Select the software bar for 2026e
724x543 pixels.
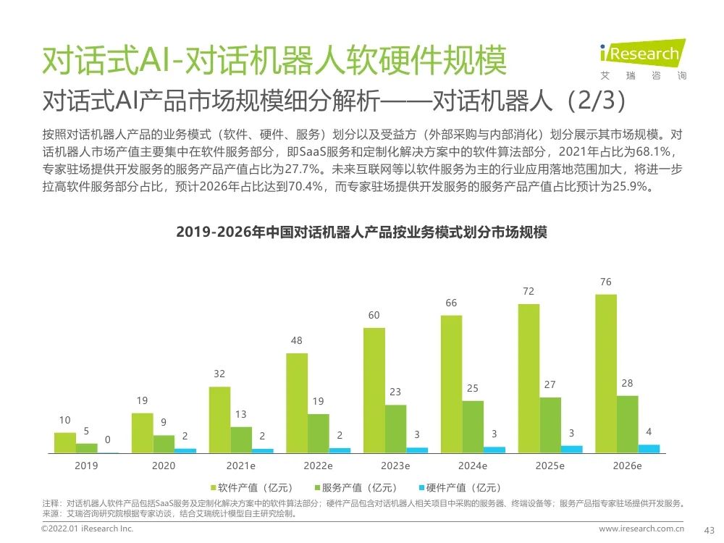[606, 374]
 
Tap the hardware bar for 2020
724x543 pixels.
[185, 450]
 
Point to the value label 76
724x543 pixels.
[605, 282]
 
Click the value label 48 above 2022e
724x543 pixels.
[296, 340]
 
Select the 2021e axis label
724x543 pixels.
[240, 466]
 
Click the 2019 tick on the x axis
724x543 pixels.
[86, 466]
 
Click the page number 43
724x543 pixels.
[710, 530]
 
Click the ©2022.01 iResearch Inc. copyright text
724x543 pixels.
[88, 529]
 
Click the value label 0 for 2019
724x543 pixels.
[108, 439]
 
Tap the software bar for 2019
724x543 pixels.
[64, 442]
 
